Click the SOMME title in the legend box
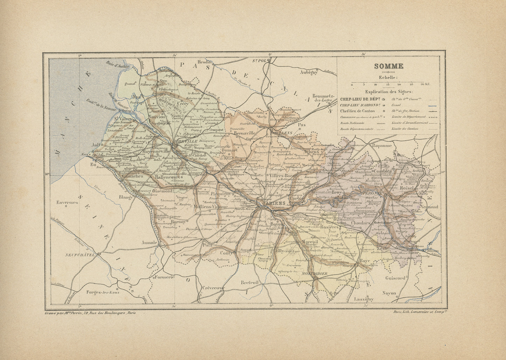coord(388,66)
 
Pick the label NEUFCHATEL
coord(80,255)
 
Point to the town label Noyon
coord(389,293)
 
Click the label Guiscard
coord(395,278)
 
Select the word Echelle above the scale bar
coord(388,77)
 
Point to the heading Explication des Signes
coord(388,91)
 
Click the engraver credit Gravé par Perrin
coord(90,313)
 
